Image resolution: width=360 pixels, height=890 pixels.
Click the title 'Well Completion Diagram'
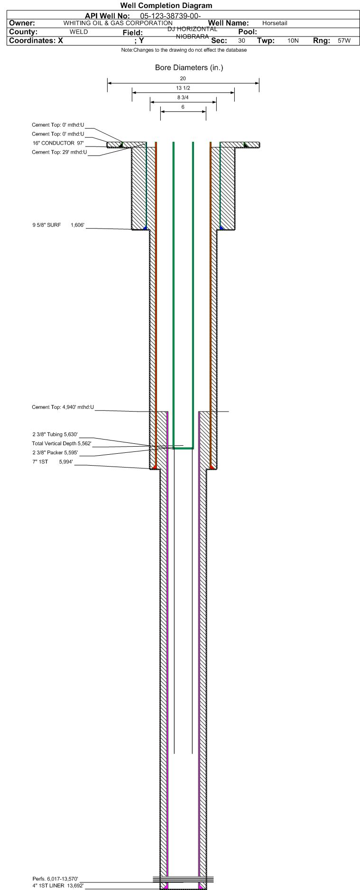[166, 6]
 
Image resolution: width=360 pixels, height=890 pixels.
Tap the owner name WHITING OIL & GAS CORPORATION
[118, 23]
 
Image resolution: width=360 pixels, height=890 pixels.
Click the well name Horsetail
[275, 23]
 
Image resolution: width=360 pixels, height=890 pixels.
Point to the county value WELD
[79, 32]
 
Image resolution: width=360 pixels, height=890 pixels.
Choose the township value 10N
[293, 41]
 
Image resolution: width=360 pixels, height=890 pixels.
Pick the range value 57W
[344, 41]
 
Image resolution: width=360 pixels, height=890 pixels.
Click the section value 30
[242, 41]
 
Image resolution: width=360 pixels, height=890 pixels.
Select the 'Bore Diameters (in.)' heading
[189, 68]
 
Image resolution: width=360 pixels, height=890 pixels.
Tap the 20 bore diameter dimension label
[183, 78]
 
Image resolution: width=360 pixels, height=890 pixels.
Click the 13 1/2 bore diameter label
[183, 88]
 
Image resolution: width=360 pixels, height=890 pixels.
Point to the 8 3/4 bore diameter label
[183, 97]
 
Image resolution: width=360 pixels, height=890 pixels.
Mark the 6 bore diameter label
[183, 107]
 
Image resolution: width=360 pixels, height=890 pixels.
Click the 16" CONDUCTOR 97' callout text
[58, 143]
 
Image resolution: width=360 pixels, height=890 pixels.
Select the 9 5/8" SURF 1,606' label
[58, 225]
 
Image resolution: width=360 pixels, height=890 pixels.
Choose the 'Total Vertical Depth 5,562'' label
[62, 443]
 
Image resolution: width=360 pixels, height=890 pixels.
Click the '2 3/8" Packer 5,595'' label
[55, 452]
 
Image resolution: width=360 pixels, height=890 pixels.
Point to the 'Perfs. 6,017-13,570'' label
[55, 879]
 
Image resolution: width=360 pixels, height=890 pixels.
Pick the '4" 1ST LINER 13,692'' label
[58, 885]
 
